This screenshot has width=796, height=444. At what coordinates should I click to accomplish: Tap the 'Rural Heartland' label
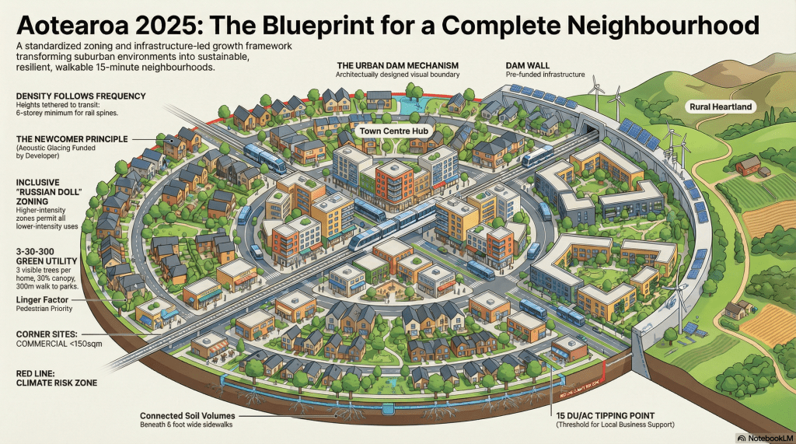tap(721, 107)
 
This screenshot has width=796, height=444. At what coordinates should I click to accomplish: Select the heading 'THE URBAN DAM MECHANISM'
tap(397, 65)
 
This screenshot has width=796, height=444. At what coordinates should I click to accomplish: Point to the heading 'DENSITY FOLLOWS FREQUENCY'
tap(81, 96)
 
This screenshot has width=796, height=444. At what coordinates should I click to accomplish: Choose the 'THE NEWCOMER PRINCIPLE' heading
tap(75, 138)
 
